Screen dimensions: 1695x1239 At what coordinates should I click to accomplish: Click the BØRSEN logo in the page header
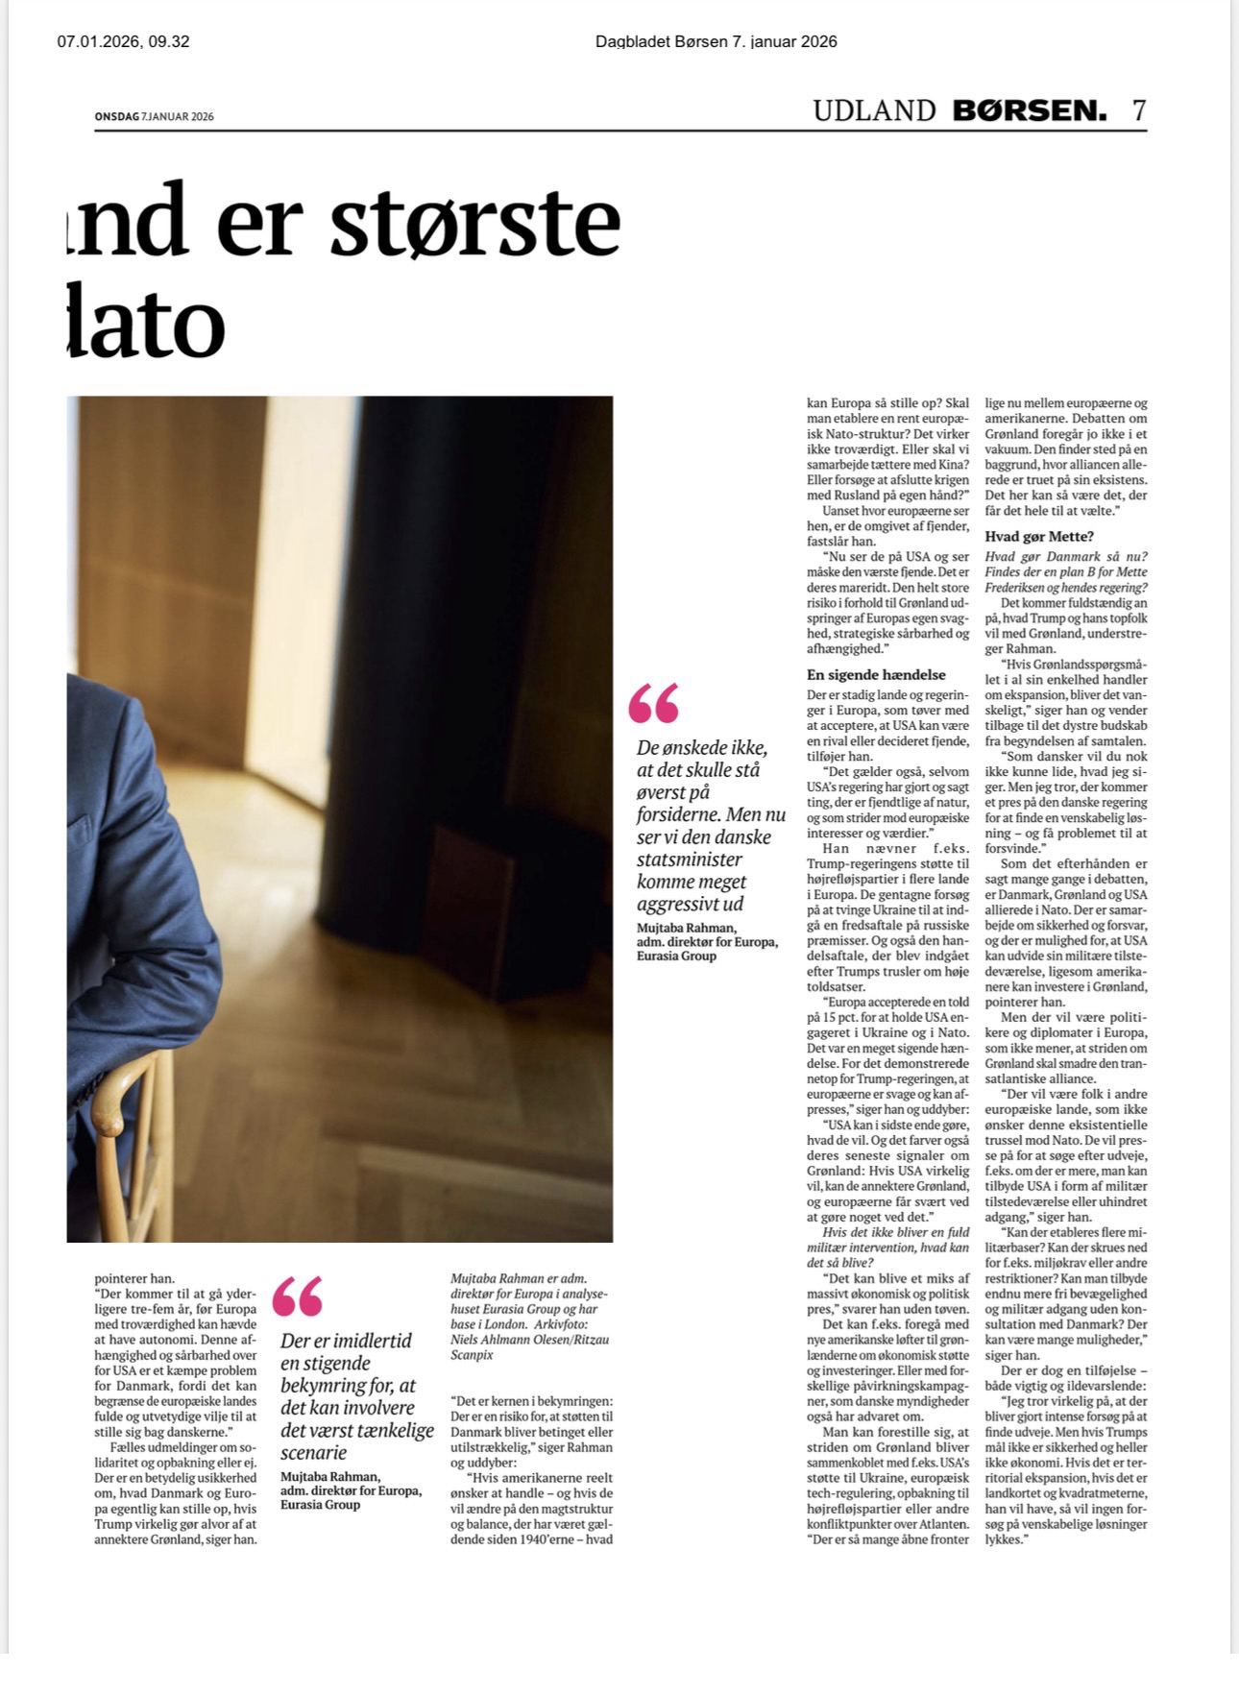pos(1029,110)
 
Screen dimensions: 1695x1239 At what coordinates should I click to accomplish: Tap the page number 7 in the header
pos(1138,110)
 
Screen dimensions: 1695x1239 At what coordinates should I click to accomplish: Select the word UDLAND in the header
pos(874,110)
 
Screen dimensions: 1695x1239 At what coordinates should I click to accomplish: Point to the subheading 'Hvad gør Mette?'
pos(1039,537)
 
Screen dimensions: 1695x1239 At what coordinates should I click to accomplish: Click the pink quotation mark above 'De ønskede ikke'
pos(653,703)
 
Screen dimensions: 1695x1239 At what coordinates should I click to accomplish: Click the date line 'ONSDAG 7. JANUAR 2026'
pos(154,117)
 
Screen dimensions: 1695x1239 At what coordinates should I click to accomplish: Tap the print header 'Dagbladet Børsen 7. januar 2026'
pos(716,41)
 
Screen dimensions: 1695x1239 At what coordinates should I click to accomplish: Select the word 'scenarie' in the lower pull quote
pos(313,1453)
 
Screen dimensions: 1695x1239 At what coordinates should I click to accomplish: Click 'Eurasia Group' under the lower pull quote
pos(320,1505)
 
